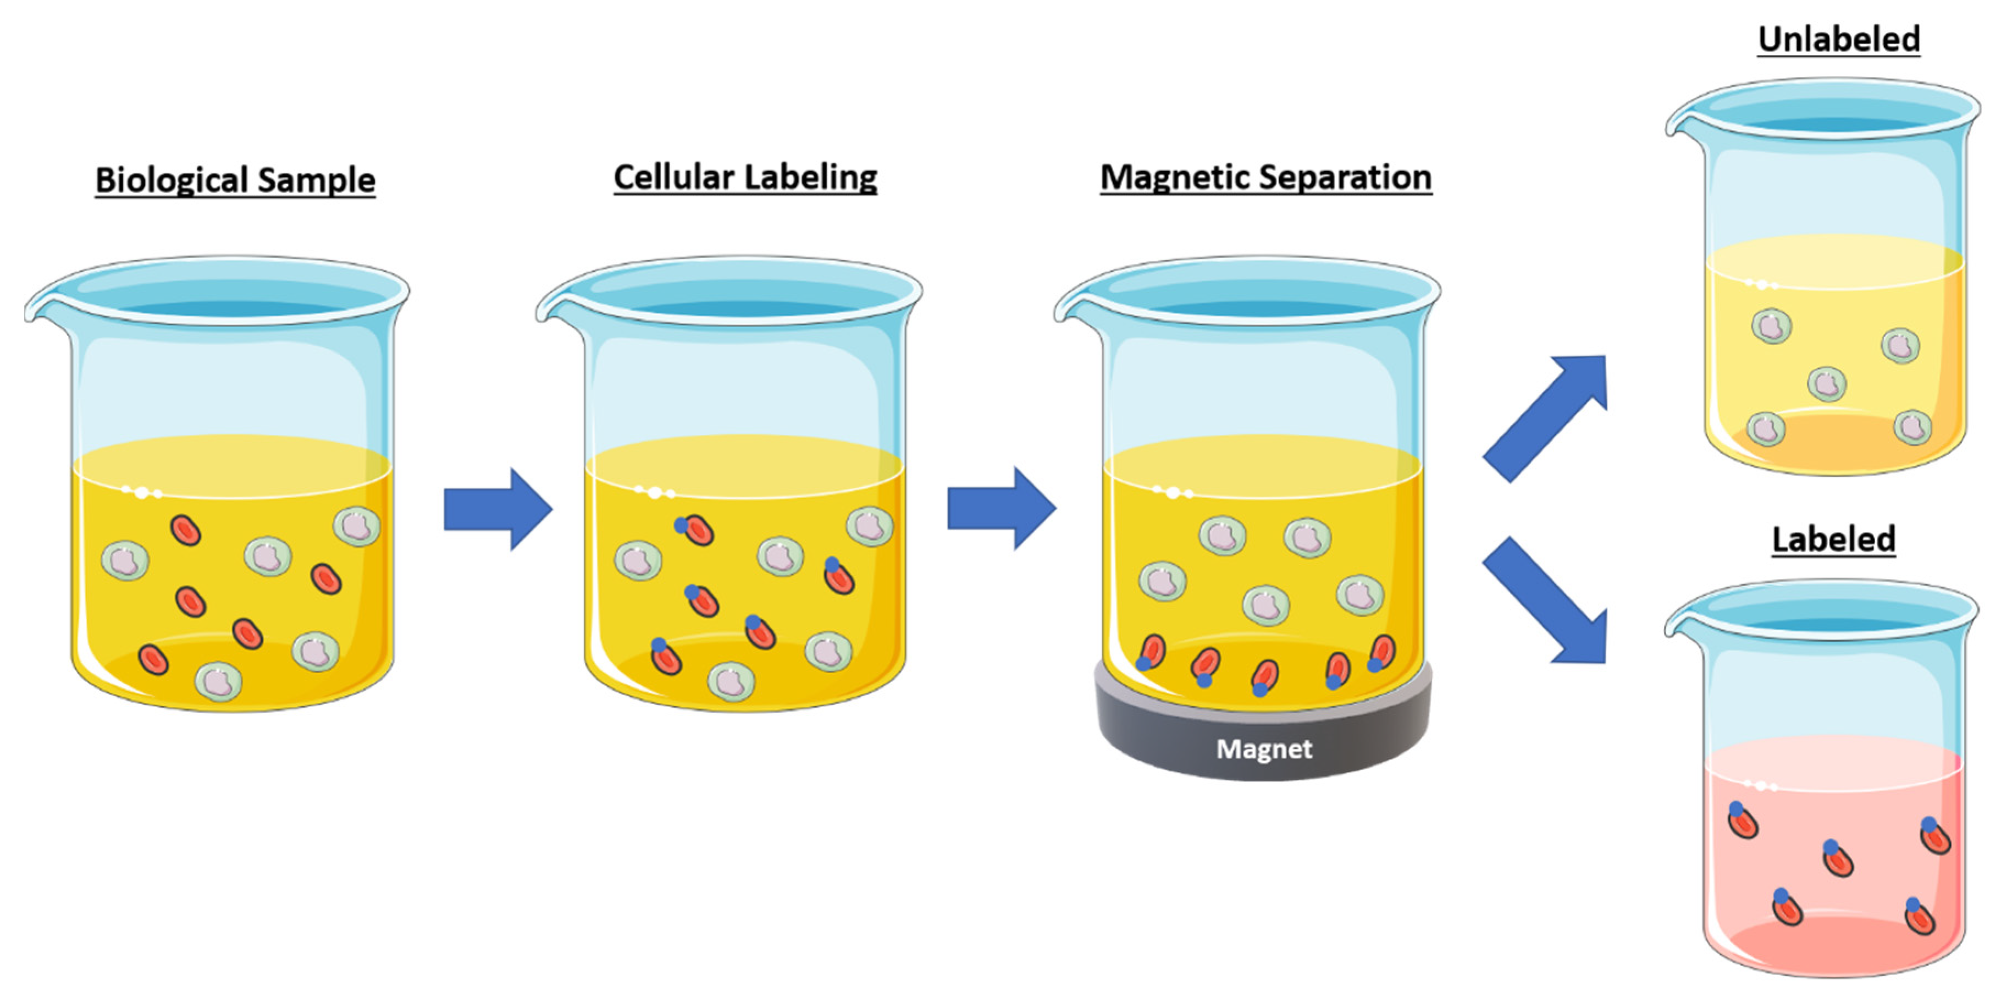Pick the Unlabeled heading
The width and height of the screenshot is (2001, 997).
[x=1839, y=39]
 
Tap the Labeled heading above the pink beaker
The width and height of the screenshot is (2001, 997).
[x=1833, y=538]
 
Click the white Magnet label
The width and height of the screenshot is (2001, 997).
[x=1264, y=748]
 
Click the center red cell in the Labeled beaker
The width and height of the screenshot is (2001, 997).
[x=1837, y=858]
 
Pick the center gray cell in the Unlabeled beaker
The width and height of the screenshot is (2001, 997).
[x=1826, y=384]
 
